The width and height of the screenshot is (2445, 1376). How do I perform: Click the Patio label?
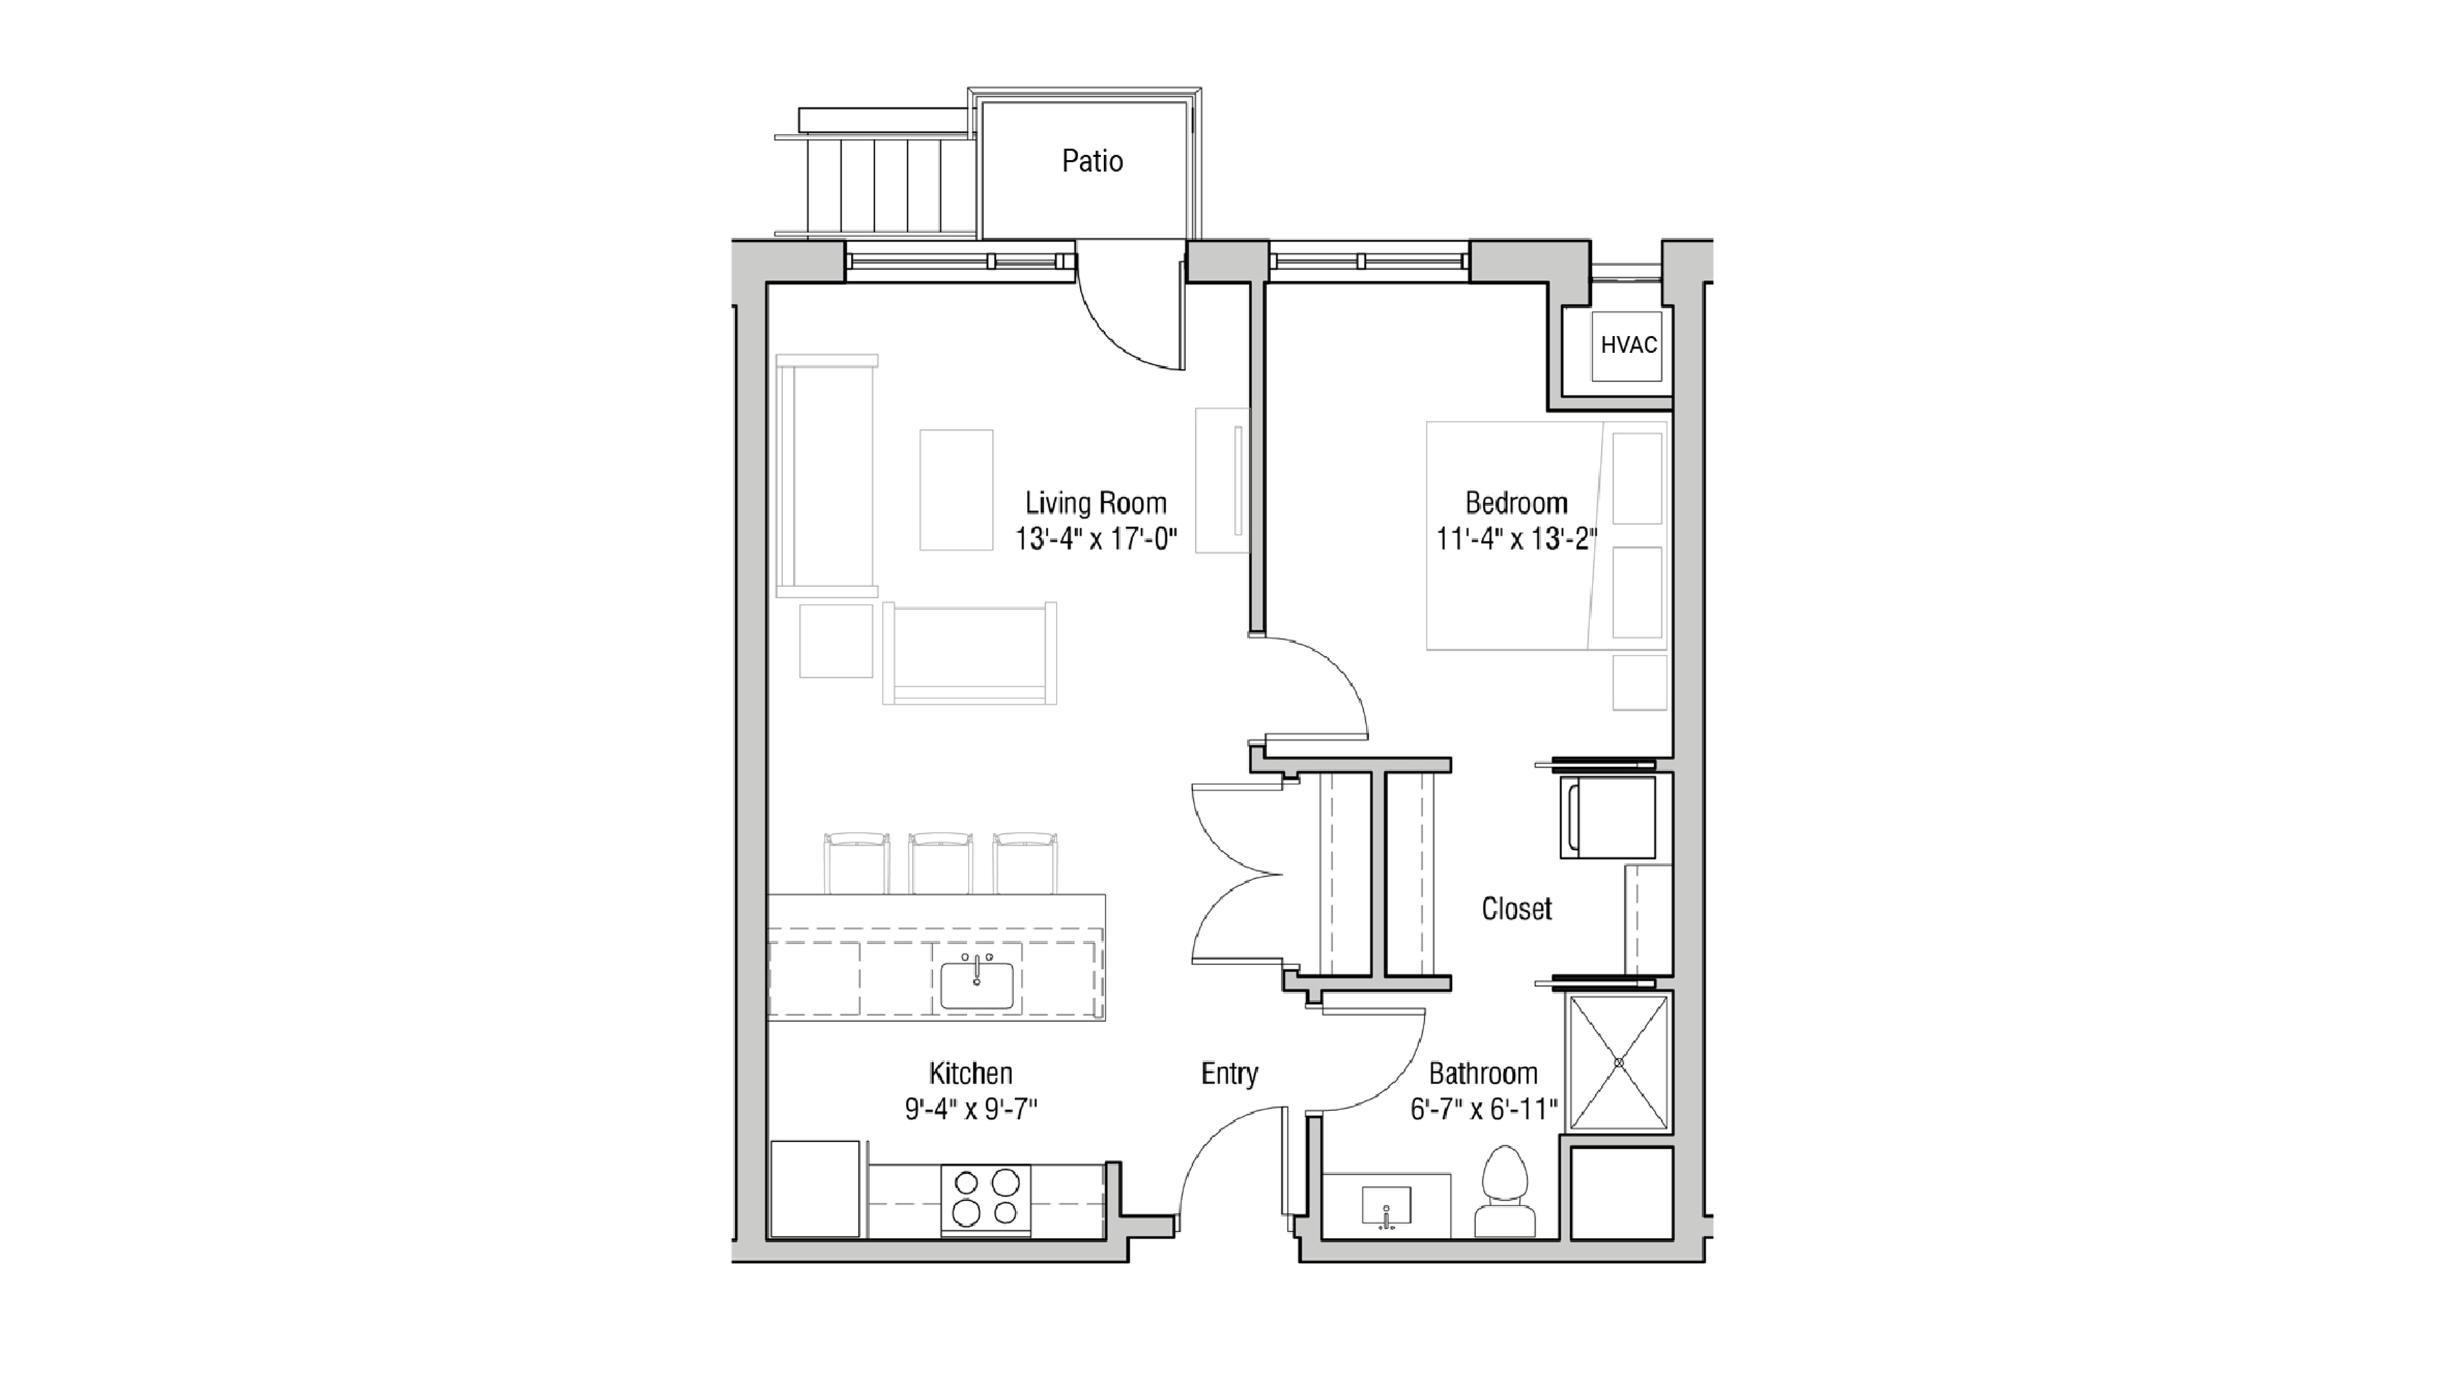pyautogui.click(x=1091, y=161)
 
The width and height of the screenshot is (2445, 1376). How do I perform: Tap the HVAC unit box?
pyautogui.click(x=1628, y=345)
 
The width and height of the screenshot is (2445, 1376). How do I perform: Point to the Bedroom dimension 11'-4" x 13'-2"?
pyautogui.click(x=1516, y=539)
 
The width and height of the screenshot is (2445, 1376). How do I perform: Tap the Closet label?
pyautogui.click(x=1516, y=909)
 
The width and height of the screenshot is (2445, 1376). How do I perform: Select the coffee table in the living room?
pyautogui.click(x=956, y=490)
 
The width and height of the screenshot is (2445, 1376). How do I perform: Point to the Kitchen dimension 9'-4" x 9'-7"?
pyautogui.click(x=970, y=1108)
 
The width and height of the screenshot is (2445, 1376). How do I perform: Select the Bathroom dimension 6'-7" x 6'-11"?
pyautogui.click(x=1483, y=1108)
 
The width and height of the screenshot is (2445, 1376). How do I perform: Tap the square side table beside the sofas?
pyautogui.click(x=835, y=640)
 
